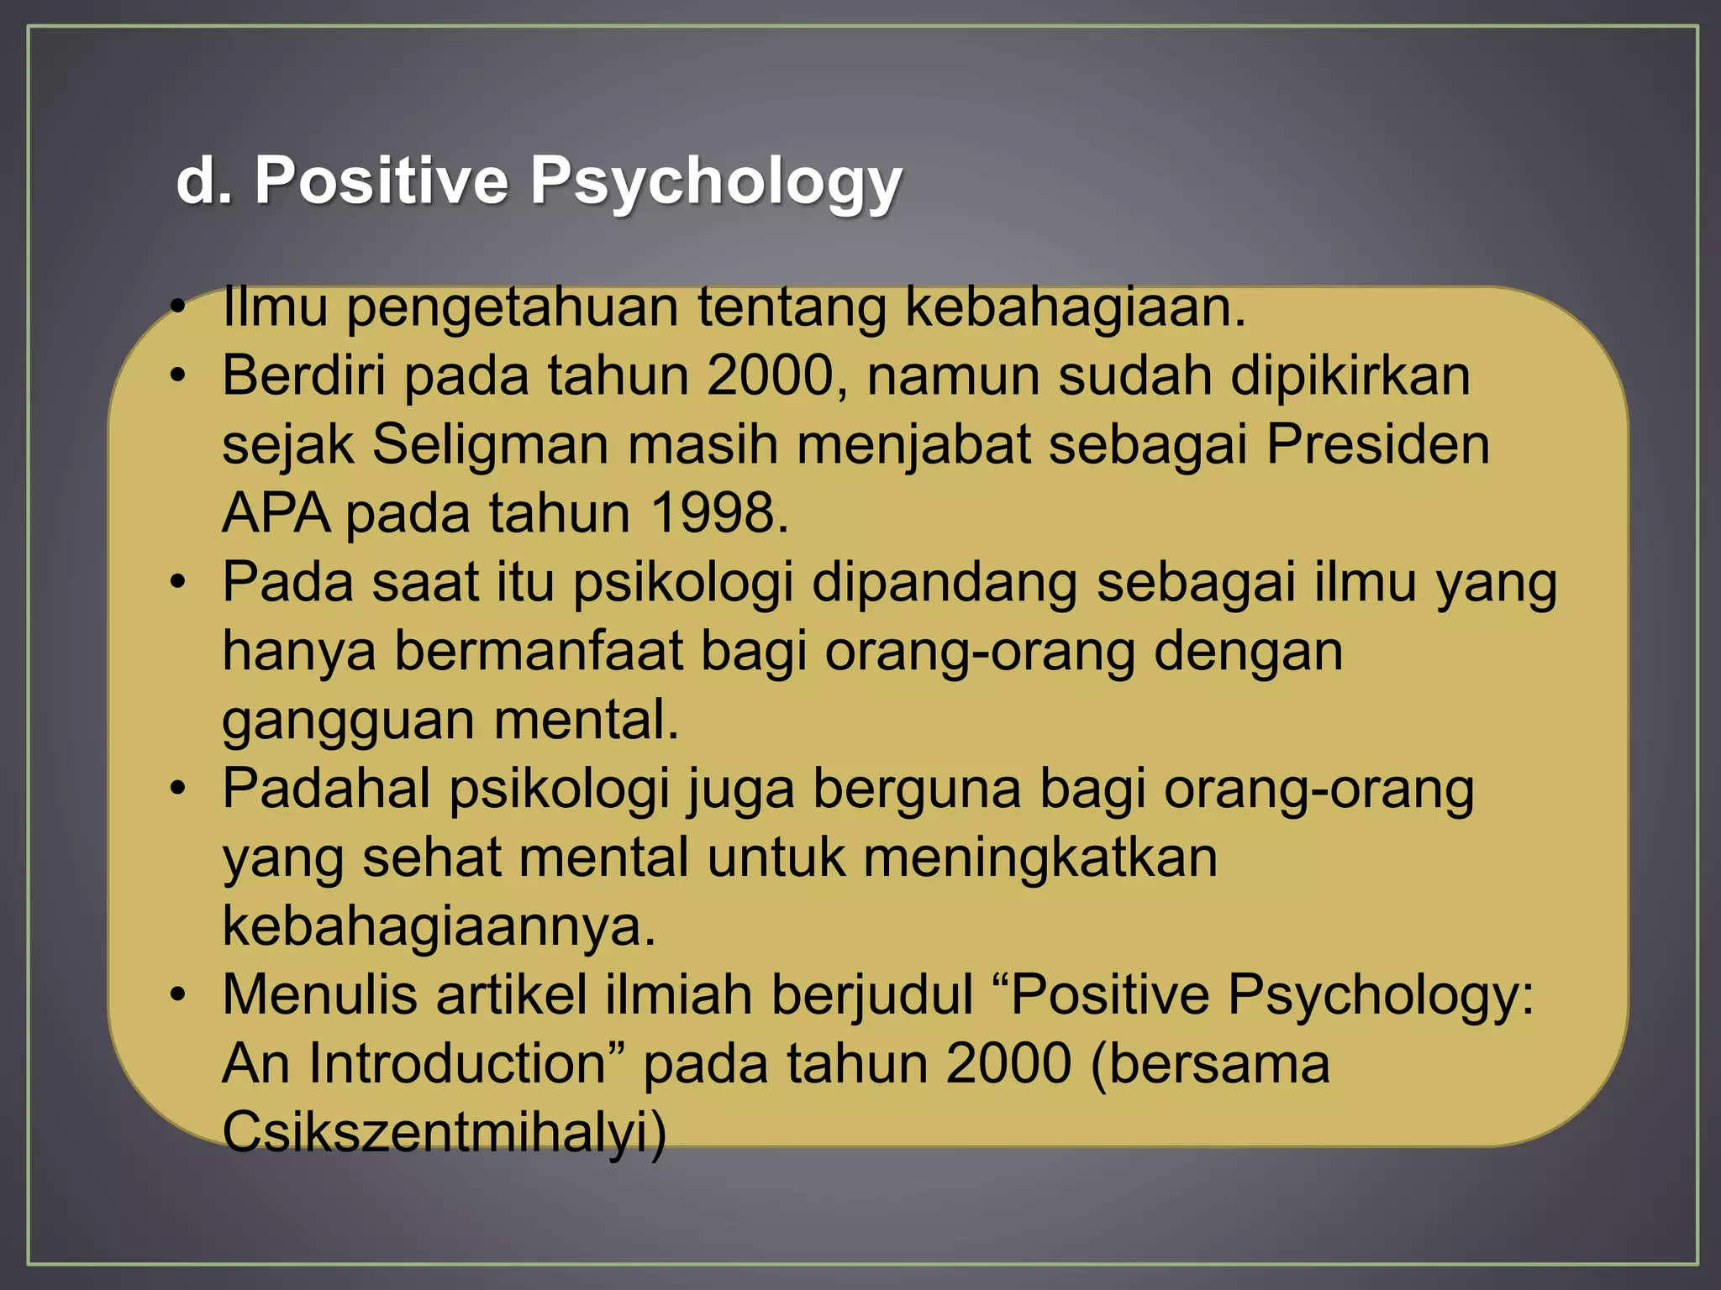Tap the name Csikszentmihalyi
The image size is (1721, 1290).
click(x=444, y=1131)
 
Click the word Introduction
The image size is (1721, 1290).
click(x=457, y=1063)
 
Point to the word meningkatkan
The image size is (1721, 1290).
click(x=1039, y=857)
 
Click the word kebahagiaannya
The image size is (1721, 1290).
click(x=438, y=926)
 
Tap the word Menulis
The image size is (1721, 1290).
click(x=319, y=994)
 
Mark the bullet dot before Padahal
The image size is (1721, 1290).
click(x=176, y=789)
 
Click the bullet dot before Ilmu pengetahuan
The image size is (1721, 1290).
click(x=176, y=307)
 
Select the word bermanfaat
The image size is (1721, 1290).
click(x=539, y=651)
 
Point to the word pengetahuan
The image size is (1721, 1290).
click(x=513, y=307)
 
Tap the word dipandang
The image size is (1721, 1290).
click(x=944, y=582)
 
